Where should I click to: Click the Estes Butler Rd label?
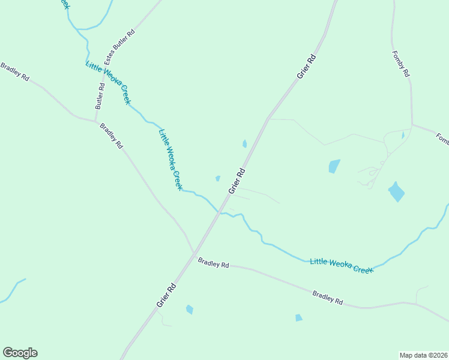119,46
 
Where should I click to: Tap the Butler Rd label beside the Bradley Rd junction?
100,95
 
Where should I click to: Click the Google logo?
20,353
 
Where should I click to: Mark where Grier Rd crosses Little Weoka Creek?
220,213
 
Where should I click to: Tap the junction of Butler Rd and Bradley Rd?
96,121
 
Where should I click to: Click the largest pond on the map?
396,191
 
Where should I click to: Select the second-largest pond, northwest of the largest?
334,166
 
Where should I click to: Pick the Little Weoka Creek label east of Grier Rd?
342,265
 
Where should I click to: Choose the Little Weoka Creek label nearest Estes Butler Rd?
108,83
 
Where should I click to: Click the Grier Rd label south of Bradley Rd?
166,295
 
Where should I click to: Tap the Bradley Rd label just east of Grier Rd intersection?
214,263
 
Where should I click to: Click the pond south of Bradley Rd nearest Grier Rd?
190,310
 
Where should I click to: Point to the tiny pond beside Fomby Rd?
403,136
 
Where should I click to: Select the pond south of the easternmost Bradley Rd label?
298,318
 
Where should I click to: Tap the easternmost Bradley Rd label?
328,297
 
